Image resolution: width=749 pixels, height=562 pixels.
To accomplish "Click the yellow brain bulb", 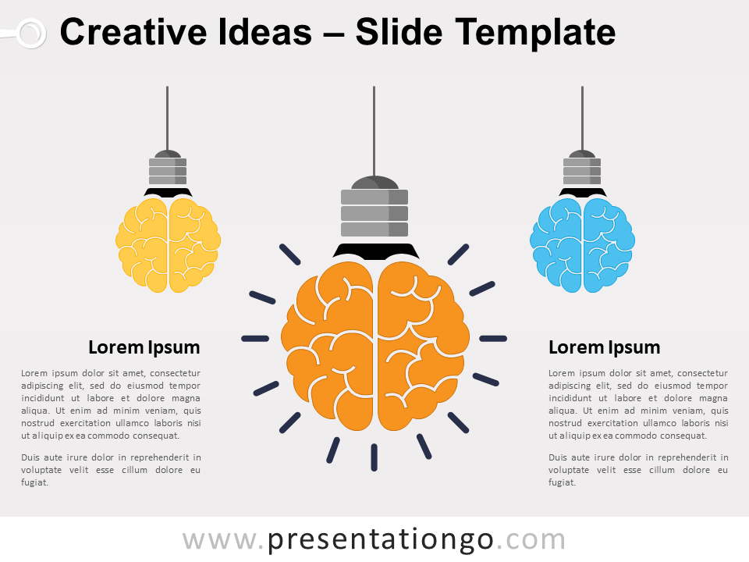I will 168,245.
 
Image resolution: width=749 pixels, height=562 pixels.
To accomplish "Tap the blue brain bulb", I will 582,245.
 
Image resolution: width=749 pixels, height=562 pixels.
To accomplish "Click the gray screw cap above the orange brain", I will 374,212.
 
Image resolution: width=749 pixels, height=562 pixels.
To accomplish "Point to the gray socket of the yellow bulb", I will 168,171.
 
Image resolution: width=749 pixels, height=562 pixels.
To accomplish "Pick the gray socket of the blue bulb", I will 582,171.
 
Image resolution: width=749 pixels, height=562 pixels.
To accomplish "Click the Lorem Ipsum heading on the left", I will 144,347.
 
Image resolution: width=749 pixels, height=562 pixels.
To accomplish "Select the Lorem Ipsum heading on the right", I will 604,347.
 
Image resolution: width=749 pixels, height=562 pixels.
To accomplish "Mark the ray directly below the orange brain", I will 374,457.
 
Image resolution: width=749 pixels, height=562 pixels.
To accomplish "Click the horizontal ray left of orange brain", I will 255,339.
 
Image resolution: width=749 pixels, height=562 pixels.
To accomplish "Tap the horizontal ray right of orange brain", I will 493,339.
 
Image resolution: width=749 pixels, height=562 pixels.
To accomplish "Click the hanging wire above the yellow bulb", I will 167,117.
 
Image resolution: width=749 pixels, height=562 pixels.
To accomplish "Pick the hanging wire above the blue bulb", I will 582,117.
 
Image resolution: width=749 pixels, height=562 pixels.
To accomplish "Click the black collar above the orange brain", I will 374,251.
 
